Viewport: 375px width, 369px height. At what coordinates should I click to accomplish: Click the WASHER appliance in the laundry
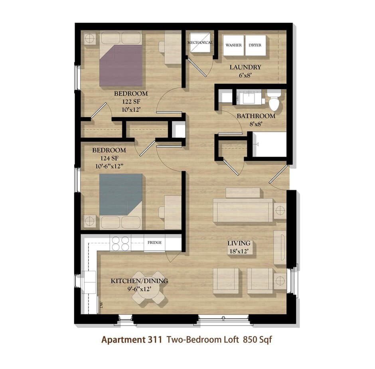coord(233,45)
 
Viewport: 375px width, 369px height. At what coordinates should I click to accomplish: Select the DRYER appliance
coord(255,45)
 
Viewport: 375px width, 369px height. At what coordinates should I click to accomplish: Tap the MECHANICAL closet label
coord(200,42)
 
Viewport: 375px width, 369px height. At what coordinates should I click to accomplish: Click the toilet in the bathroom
coord(274,101)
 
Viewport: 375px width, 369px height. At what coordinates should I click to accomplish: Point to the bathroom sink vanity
coord(249,97)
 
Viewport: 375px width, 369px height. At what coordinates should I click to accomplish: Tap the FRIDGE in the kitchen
coord(154,243)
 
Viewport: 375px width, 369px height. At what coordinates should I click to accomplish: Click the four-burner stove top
coord(120,243)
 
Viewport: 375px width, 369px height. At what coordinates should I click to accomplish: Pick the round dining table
coord(148,288)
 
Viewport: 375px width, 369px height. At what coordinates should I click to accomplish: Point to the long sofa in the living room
coord(243,210)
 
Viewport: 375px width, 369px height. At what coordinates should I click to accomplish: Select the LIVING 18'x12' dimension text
coord(239,247)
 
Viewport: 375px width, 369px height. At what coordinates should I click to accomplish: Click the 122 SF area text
coord(131,101)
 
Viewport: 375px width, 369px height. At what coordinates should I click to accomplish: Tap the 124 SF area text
coord(109,158)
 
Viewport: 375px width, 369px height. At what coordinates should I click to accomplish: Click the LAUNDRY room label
coord(245,67)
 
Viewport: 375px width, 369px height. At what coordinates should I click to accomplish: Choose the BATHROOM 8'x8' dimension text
coord(256,120)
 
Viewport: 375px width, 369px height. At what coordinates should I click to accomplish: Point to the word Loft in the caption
coord(231,339)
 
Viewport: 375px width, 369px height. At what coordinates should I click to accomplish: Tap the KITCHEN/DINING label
coord(140,281)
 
